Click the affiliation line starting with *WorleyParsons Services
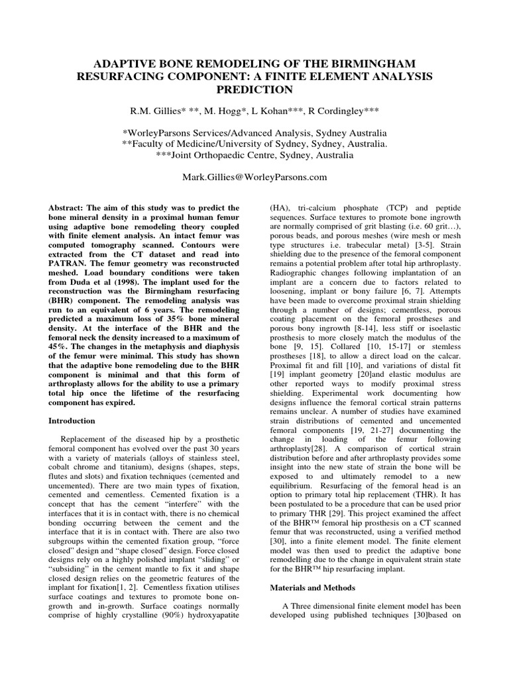(254, 132)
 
